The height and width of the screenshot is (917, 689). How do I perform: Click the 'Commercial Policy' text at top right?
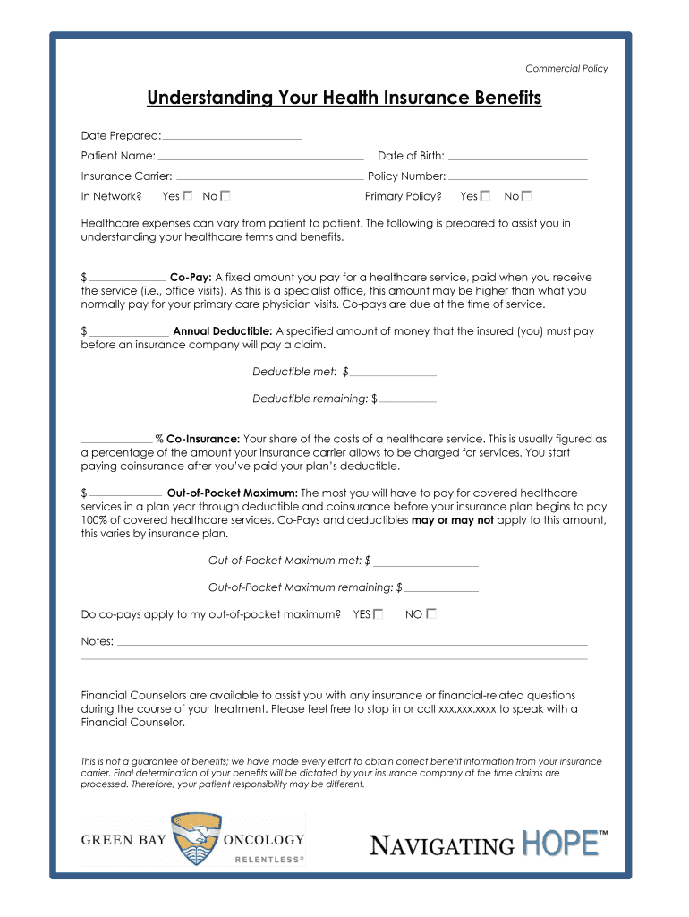tap(566, 68)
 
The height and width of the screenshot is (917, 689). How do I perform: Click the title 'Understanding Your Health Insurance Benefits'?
tap(344, 98)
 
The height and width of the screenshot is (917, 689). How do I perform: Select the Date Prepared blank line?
tap(232, 137)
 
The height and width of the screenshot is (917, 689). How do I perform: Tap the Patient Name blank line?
tap(260, 158)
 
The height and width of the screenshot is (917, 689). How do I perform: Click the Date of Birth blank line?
tap(518, 158)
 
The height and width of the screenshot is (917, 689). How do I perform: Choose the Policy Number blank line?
tap(518, 177)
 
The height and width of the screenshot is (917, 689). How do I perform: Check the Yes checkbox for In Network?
tap(188, 195)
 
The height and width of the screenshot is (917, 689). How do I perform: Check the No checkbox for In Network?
tap(225, 195)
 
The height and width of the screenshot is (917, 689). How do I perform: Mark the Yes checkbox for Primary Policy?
tap(485, 195)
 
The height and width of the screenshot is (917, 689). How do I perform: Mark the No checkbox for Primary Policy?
tap(527, 195)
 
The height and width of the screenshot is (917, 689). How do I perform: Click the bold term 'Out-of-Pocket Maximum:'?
tap(233, 493)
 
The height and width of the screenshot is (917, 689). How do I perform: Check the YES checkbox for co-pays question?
tap(379, 613)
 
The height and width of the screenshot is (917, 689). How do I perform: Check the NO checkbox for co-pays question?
tap(431, 613)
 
